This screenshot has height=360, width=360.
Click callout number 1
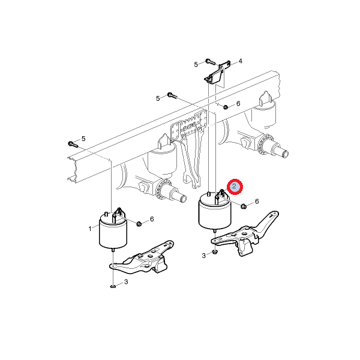(90, 229)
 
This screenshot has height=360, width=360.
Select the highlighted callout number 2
(235, 186)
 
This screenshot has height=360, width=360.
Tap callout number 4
(241, 61)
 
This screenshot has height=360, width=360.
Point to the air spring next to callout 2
(215, 211)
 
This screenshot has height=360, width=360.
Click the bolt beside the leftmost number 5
(73, 145)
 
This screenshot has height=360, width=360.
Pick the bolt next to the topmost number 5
(210, 61)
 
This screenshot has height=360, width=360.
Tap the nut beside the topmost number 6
(226, 107)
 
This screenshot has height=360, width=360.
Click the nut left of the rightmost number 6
(244, 206)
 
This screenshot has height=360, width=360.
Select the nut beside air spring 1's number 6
(139, 224)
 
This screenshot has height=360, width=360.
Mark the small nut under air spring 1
(113, 287)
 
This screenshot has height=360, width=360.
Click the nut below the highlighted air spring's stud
(215, 253)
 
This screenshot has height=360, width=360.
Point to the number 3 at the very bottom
(126, 282)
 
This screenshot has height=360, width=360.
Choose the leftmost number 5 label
(83, 139)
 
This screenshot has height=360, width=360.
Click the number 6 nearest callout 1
(152, 219)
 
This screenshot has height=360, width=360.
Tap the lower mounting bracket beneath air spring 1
(142, 258)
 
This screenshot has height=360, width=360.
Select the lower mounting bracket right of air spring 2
(245, 235)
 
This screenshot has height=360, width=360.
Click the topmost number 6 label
(238, 104)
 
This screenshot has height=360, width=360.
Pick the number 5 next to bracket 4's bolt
(196, 65)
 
